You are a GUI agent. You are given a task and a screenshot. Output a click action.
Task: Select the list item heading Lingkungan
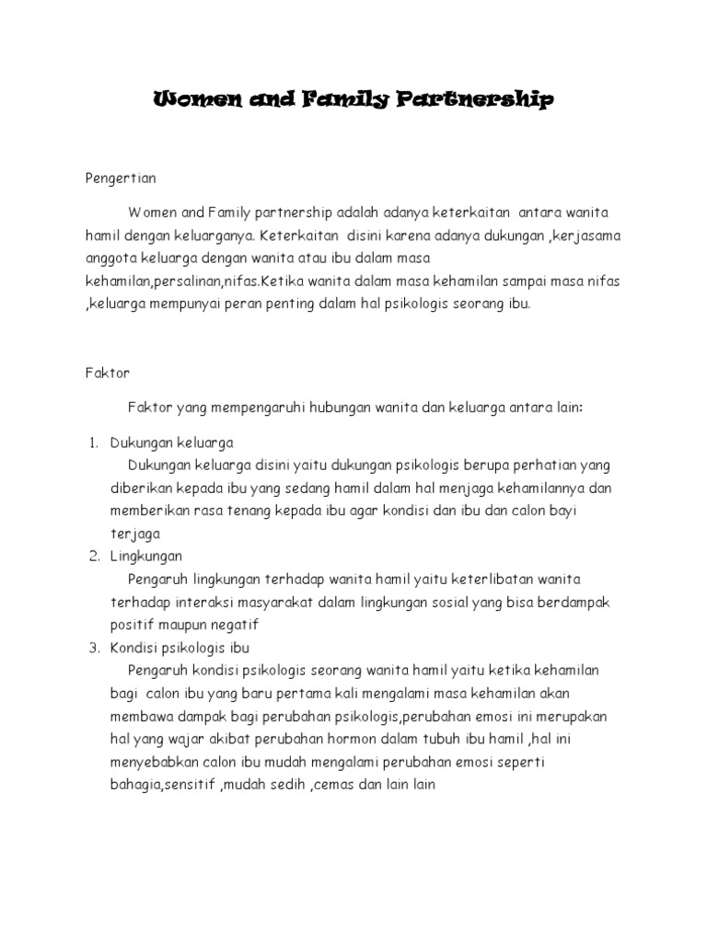click(146, 557)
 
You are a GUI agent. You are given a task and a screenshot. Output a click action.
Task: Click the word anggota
click(110, 258)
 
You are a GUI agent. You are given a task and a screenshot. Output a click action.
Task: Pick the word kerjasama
click(589, 236)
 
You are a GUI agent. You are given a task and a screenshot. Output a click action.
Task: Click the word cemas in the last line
click(331, 784)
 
